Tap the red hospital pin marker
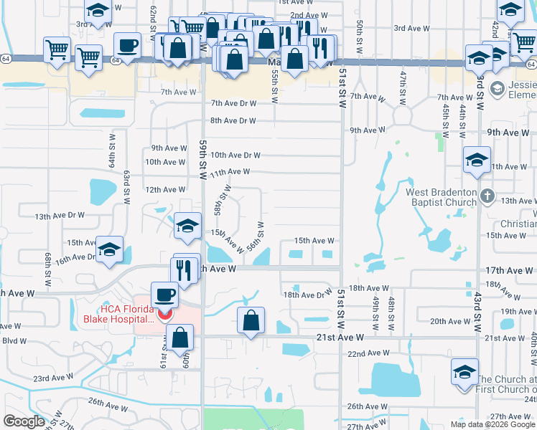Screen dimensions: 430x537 164,314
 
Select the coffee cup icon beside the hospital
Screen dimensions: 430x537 164,294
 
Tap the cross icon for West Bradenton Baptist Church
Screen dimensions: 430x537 487,196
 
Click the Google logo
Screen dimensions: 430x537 24,421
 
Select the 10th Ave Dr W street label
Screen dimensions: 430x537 235,155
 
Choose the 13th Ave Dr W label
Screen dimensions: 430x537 60,215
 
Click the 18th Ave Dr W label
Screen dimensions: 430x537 305,295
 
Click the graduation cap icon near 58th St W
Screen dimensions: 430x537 187,226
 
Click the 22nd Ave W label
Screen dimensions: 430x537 368,354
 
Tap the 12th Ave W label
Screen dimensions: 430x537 165,190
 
